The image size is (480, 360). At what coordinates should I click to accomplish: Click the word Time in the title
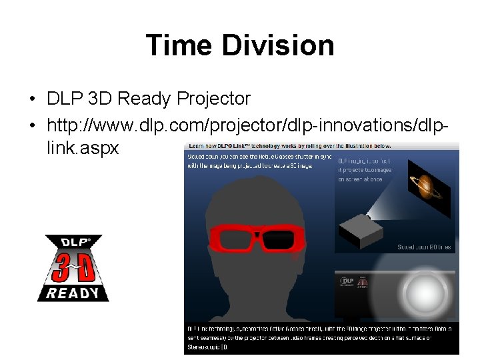pyautogui.click(x=176, y=45)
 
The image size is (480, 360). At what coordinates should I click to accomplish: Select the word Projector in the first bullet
pyautogui.click(x=213, y=99)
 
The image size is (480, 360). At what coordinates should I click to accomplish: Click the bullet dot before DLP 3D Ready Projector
pyautogui.click(x=32, y=100)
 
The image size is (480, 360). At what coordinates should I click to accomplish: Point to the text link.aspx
pyautogui.click(x=83, y=148)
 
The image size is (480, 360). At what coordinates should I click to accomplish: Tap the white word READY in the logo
pyautogui.click(x=73, y=293)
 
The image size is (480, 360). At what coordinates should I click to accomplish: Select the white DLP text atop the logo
pyautogui.click(x=73, y=243)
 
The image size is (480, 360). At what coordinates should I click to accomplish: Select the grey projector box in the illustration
pyautogui.click(x=360, y=231)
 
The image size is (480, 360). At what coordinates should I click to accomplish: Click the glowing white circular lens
pyautogui.click(x=420, y=289)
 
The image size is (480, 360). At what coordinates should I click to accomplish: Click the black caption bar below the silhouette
pyautogui.click(x=320, y=337)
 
